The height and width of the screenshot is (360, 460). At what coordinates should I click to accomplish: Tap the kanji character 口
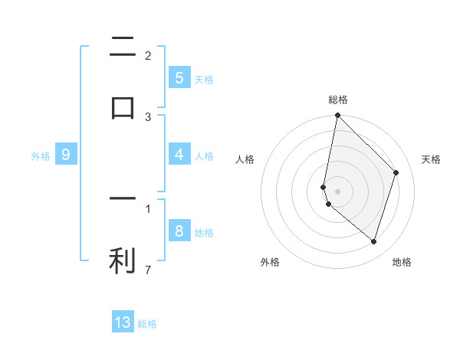pos(123,107)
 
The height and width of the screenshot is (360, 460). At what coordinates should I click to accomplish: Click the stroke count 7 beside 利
pos(148,270)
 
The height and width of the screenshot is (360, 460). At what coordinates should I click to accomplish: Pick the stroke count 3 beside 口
pos(148,116)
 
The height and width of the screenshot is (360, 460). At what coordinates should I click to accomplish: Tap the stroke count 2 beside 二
pos(148,55)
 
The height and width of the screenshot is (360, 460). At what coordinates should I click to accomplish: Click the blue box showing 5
pos(179,77)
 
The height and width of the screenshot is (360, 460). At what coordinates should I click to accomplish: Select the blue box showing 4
pos(179,155)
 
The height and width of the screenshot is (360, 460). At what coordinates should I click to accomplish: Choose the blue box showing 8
pos(179,231)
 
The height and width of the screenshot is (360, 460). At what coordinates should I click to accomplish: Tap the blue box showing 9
pos(66,155)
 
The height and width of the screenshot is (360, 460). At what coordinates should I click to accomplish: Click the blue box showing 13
pos(123,322)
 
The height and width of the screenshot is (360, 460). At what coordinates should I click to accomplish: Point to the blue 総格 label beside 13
pos(147,324)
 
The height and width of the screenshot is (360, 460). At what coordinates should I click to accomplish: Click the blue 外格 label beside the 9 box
pos(41,156)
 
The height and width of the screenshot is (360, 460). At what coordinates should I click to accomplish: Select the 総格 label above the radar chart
pos(337,100)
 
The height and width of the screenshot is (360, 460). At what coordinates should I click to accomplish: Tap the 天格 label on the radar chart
pos(431,159)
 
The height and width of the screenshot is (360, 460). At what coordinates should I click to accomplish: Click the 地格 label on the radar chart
pos(402,263)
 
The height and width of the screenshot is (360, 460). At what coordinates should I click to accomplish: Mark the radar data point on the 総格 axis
pos(337,116)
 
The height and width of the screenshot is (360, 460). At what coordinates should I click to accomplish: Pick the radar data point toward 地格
pos(373,241)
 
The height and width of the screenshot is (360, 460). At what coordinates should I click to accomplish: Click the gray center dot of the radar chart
pos(337,191)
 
